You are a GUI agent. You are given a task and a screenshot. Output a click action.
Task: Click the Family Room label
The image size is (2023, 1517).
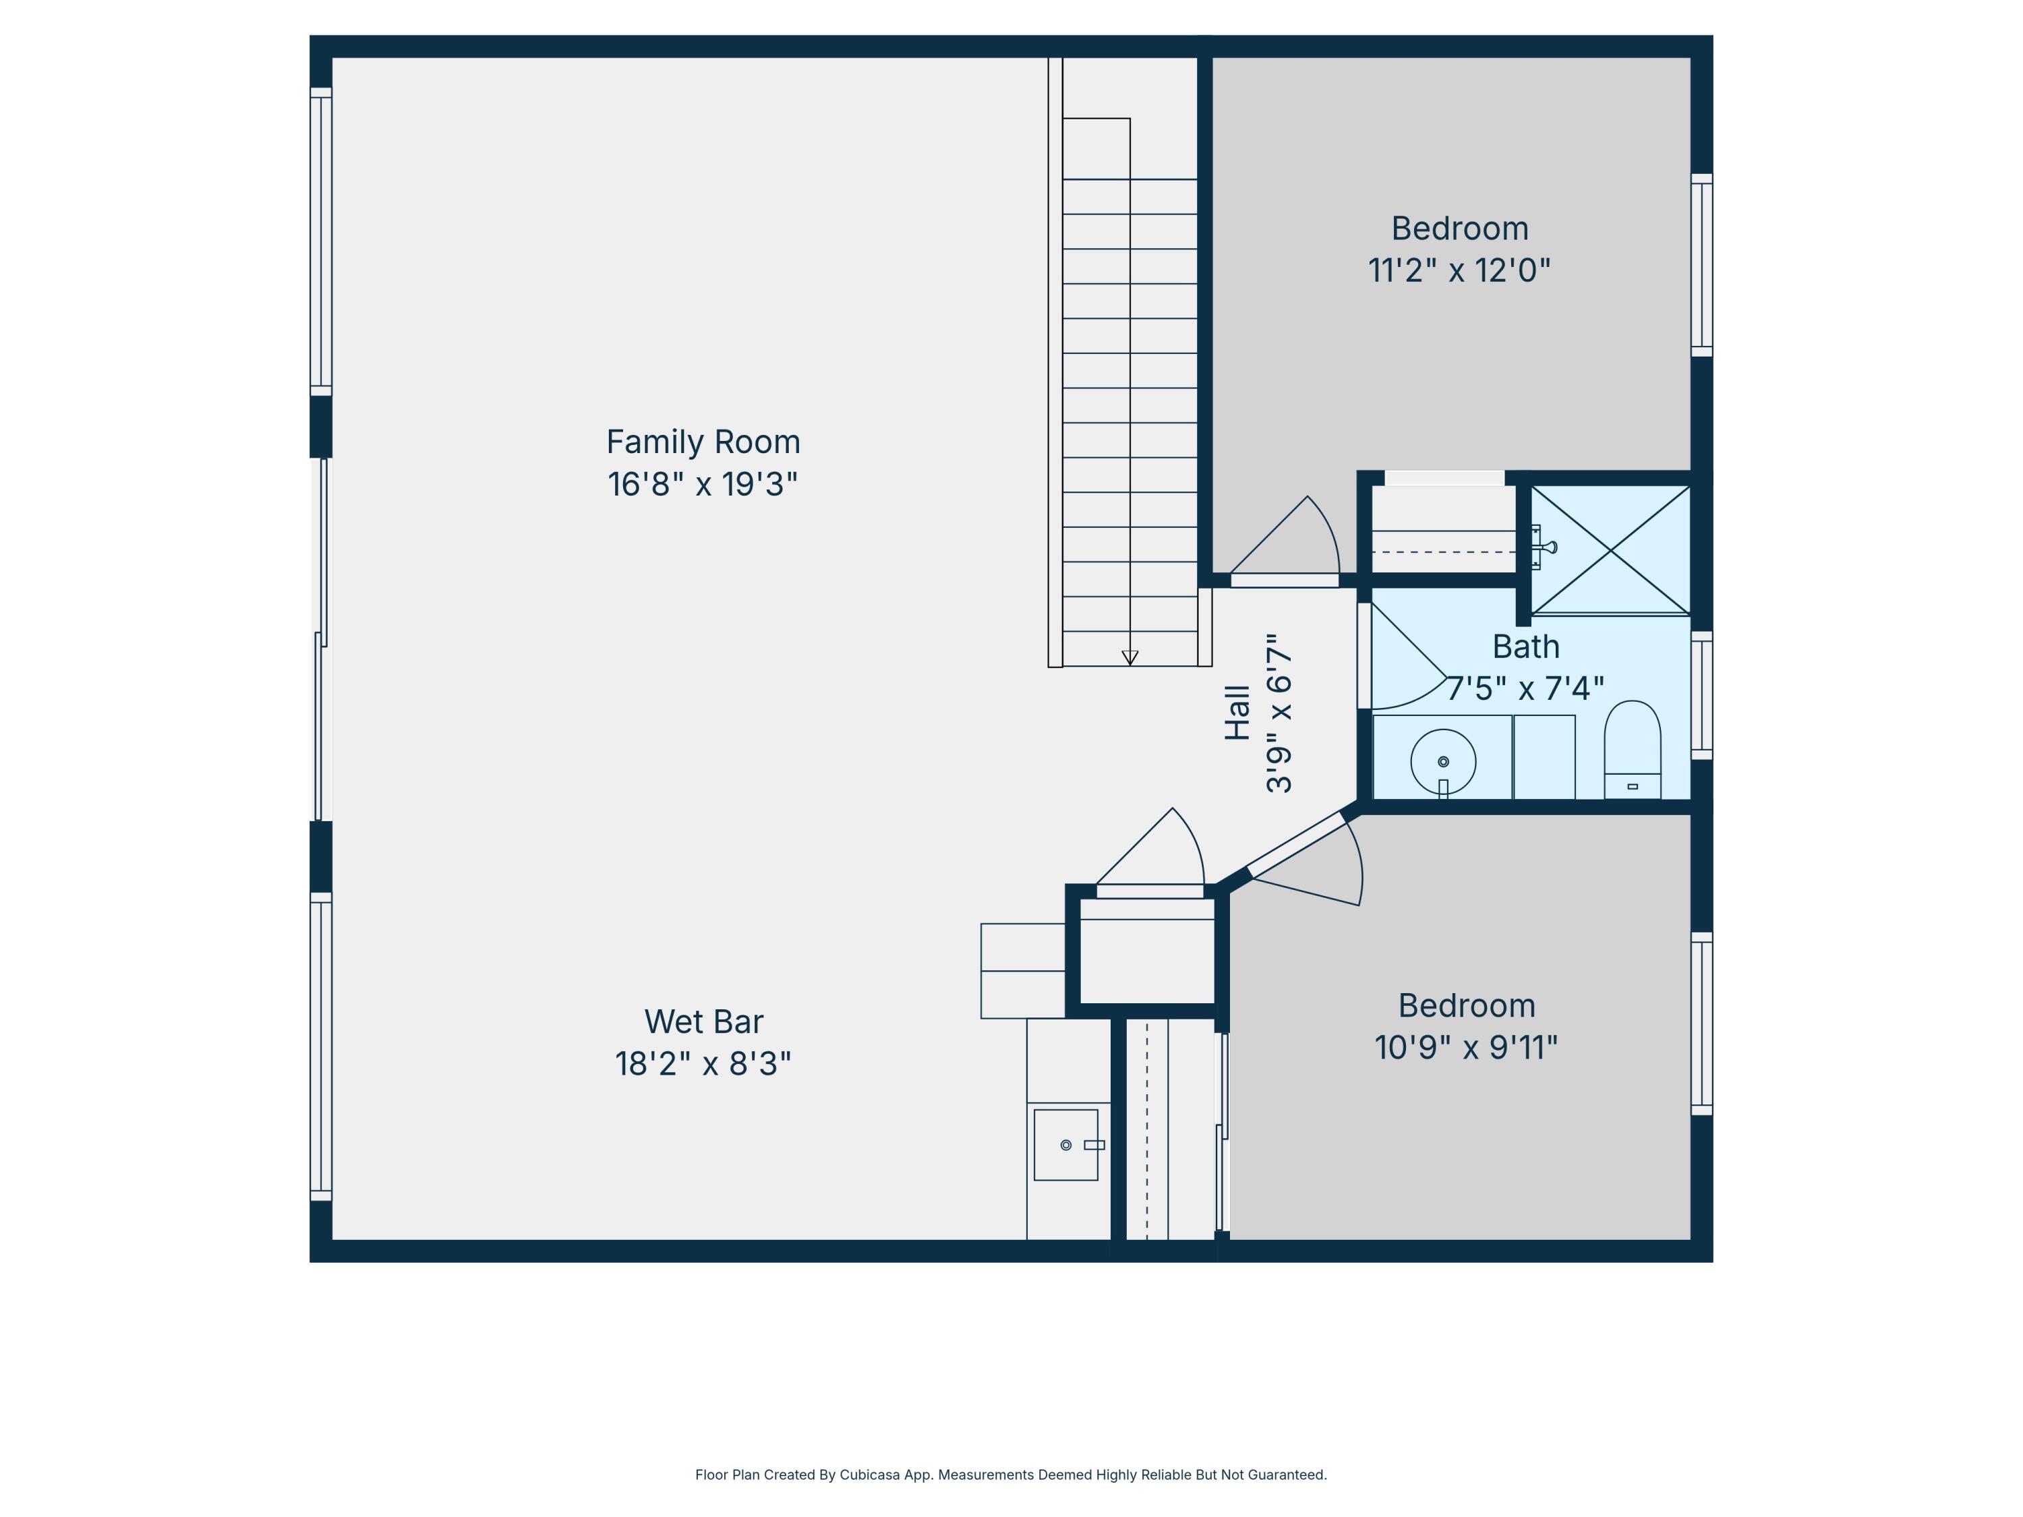coord(703,442)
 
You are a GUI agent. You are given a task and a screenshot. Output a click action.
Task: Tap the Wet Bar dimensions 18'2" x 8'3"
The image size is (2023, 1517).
coord(703,1063)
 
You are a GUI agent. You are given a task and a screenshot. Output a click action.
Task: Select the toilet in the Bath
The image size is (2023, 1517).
coord(1632,750)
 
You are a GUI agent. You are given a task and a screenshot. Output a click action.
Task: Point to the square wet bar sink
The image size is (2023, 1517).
coord(1065,1145)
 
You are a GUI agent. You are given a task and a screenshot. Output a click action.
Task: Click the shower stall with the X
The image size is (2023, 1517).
coord(1610,549)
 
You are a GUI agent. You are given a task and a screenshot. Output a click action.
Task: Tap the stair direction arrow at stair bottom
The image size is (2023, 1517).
coord(1130,657)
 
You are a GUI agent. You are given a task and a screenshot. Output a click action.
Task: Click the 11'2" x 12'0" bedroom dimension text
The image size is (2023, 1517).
coord(1460,270)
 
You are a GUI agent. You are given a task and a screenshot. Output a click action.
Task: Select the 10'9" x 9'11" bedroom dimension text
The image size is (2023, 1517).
coord(1466,1047)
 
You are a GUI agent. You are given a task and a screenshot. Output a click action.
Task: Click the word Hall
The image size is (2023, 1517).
coord(1237,713)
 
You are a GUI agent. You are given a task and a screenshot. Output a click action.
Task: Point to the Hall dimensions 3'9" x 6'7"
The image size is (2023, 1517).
coord(1279,713)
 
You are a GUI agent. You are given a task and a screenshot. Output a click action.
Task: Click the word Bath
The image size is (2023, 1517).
coord(1525,647)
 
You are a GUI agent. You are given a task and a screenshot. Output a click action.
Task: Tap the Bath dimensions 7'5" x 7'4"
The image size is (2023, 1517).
coord(1525,688)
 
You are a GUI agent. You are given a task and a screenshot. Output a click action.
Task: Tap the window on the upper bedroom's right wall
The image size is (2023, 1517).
coord(1701,265)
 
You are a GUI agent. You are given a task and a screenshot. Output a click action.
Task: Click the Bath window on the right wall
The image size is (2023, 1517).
coord(1701,695)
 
